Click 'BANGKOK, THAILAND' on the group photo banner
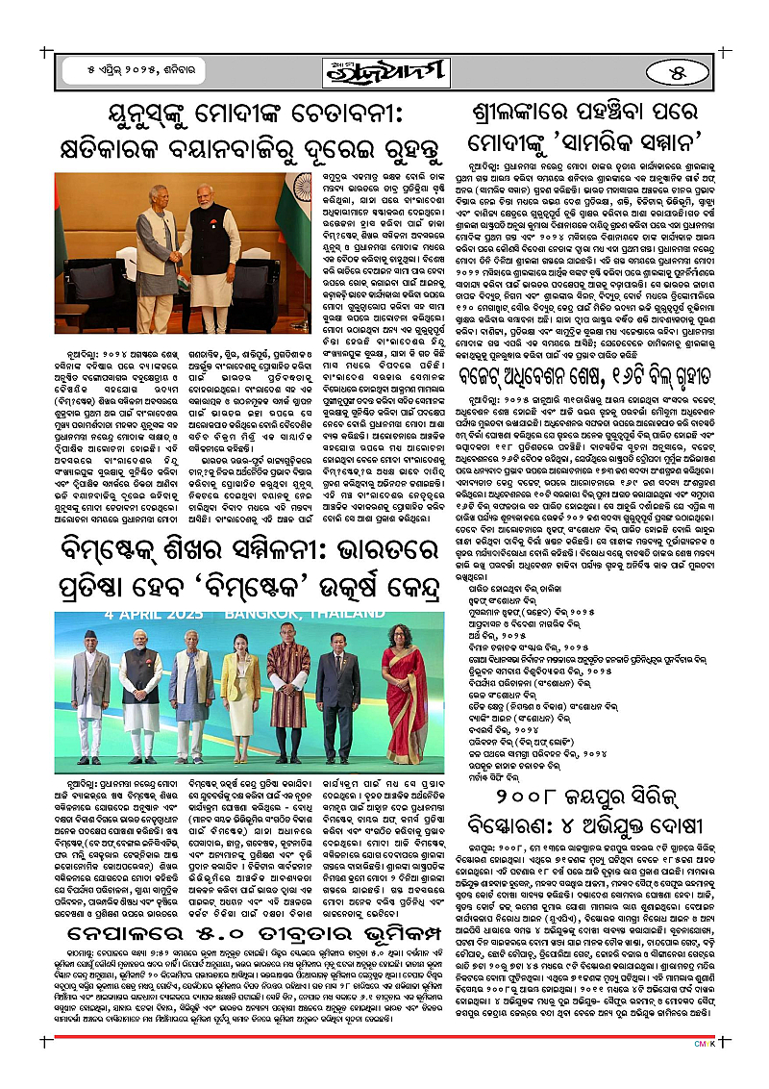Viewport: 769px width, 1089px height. (x=299, y=612)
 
